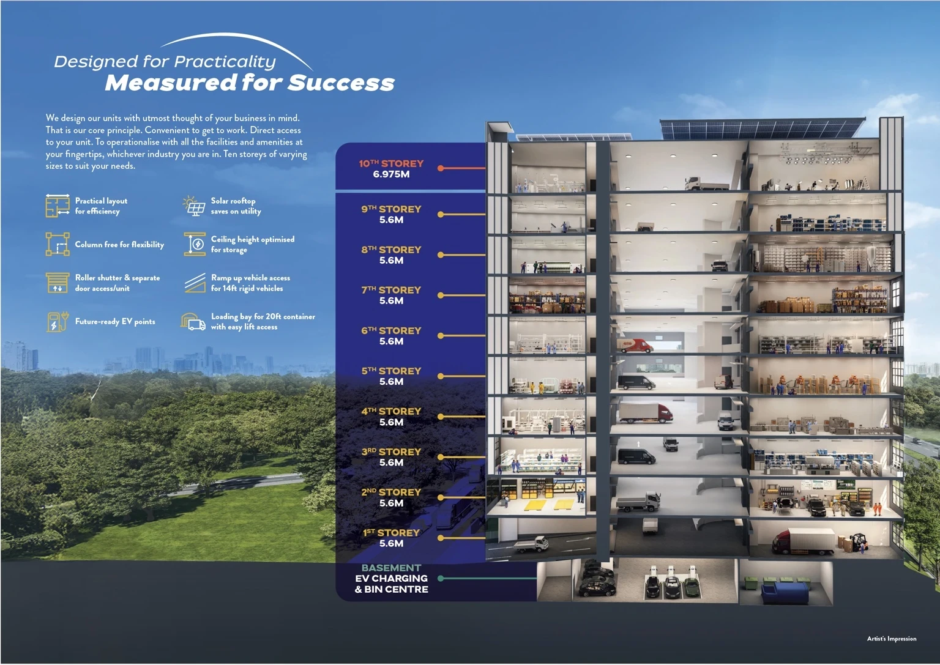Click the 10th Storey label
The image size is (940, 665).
[391, 163]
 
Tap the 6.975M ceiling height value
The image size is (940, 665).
[391, 174]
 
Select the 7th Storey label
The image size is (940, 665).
[391, 290]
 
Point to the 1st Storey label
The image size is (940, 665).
[391, 532]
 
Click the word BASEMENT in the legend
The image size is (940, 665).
[391, 568]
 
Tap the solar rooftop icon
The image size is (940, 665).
[194, 206]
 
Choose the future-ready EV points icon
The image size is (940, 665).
[58, 322]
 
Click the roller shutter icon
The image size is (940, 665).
[58, 283]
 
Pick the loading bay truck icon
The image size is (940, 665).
[193, 322]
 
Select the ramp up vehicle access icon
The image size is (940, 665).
[195, 283]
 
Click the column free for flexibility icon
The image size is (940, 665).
[58, 244]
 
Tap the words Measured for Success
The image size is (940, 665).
[250, 83]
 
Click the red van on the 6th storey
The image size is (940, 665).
[635, 345]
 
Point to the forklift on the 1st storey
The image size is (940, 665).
[859, 542]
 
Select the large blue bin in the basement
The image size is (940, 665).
[785, 595]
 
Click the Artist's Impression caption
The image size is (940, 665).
[892, 639]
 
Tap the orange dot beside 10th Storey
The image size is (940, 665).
[441, 168]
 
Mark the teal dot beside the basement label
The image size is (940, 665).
[441, 578]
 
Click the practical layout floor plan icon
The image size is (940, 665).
[58, 206]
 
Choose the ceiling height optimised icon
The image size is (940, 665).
[195, 244]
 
